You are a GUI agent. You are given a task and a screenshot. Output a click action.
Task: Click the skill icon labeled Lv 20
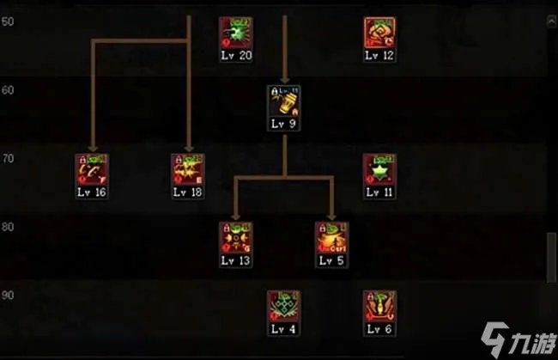(235, 33)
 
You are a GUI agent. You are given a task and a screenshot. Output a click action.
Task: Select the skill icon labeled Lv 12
(379, 33)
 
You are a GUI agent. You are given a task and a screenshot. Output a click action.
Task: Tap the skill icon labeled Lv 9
(283, 101)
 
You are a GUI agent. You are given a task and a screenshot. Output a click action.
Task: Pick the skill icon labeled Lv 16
(91, 170)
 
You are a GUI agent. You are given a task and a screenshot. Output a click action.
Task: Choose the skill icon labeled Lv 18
(187, 170)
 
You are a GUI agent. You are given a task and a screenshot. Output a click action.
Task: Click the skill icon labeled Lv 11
(379, 170)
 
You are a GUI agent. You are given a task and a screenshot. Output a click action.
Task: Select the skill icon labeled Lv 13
(235, 238)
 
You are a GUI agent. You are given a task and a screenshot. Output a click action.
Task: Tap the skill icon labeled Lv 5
(331, 238)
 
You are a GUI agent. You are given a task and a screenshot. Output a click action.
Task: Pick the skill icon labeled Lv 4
(283, 307)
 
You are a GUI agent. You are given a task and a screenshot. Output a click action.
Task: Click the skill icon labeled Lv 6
(379, 307)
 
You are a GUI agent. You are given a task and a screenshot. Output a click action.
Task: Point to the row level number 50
(7, 21)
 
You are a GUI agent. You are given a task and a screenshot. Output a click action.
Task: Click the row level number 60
(7, 89)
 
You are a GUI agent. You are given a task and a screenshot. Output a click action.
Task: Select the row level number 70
(7, 158)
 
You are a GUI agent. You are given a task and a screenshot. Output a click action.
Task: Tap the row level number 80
(7, 227)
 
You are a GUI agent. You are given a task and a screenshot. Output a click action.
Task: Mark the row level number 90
(7, 296)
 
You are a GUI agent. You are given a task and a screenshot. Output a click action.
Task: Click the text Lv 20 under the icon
(235, 56)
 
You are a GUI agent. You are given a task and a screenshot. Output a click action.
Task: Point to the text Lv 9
(283, 125)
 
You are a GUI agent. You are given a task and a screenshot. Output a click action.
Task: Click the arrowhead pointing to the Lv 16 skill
(91, 148)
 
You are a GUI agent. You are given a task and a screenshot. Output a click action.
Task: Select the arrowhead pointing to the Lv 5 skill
(331, 216)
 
